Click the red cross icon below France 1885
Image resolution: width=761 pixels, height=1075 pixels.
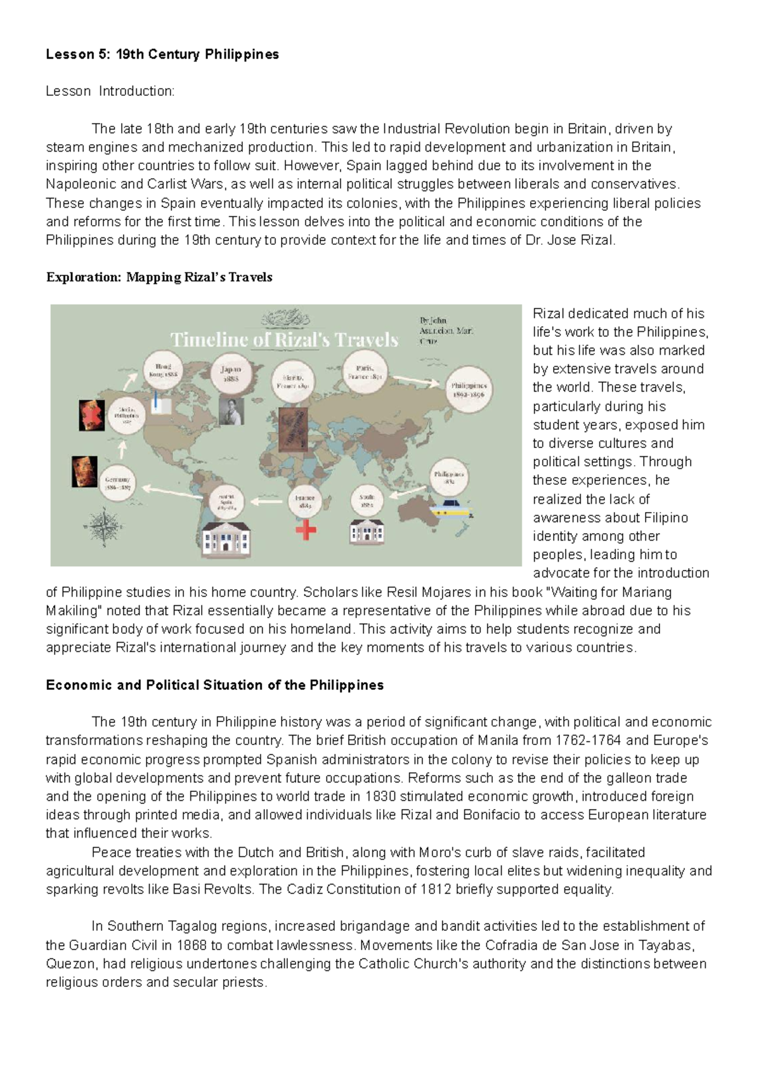tap(306, 529)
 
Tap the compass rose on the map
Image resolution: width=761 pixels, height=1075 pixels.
tap(103, 527)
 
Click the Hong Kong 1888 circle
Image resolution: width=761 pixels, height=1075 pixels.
tap(163, 371)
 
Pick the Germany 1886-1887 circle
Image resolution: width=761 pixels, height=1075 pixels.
tap(118, 484)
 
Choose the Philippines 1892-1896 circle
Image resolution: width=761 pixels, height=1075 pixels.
tap(469, 389)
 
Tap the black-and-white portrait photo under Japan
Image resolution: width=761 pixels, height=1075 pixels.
tap(231, 411)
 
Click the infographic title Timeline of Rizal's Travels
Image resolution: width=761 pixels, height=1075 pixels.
tap(284, 340)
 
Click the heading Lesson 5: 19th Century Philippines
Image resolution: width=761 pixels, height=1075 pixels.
tap(162, 55)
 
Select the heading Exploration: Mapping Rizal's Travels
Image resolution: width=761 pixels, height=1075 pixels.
tap(159, 277)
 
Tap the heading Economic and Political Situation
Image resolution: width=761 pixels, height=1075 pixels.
tap(214, 685)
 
